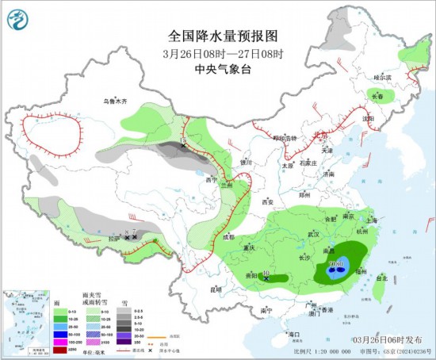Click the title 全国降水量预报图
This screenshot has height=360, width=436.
(224, 36)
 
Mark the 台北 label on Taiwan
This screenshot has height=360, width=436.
(381, 278)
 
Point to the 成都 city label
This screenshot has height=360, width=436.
(228, 236)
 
